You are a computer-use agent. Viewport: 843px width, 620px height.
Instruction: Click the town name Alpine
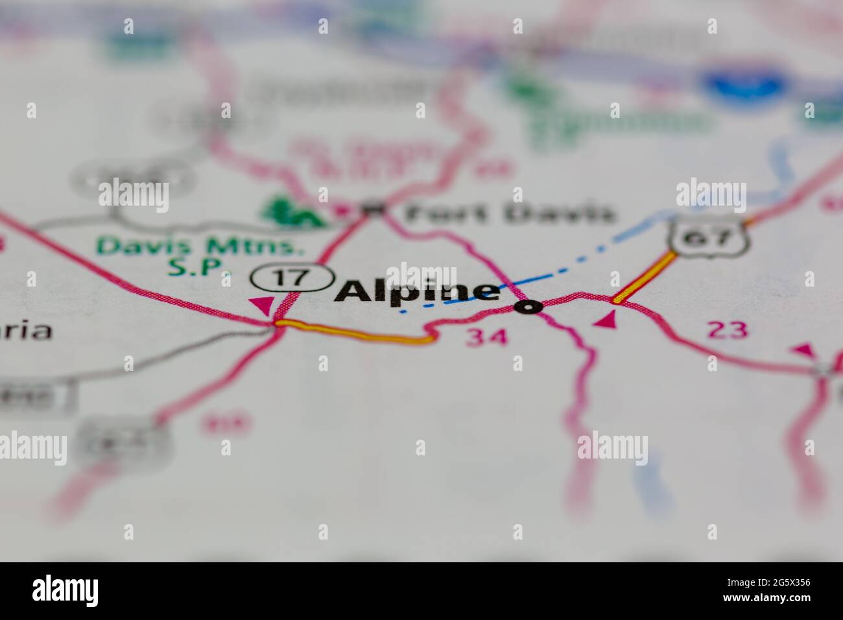[418, 291]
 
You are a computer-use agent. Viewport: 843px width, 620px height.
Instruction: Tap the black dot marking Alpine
[528, 307]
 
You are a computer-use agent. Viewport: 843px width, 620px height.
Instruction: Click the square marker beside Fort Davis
[373, 209]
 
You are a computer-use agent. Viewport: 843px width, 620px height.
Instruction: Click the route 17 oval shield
[291, 278]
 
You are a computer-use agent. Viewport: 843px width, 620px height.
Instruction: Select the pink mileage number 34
[487, 336]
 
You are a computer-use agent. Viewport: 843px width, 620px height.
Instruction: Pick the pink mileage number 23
[728, 330]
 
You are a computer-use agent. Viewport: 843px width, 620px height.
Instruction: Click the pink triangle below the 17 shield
[263, 305]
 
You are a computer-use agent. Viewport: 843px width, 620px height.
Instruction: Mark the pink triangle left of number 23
[605, 320]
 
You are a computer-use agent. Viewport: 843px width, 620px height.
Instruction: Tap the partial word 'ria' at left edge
[26, 331]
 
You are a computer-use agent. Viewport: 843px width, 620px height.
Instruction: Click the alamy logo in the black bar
[65, 591]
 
